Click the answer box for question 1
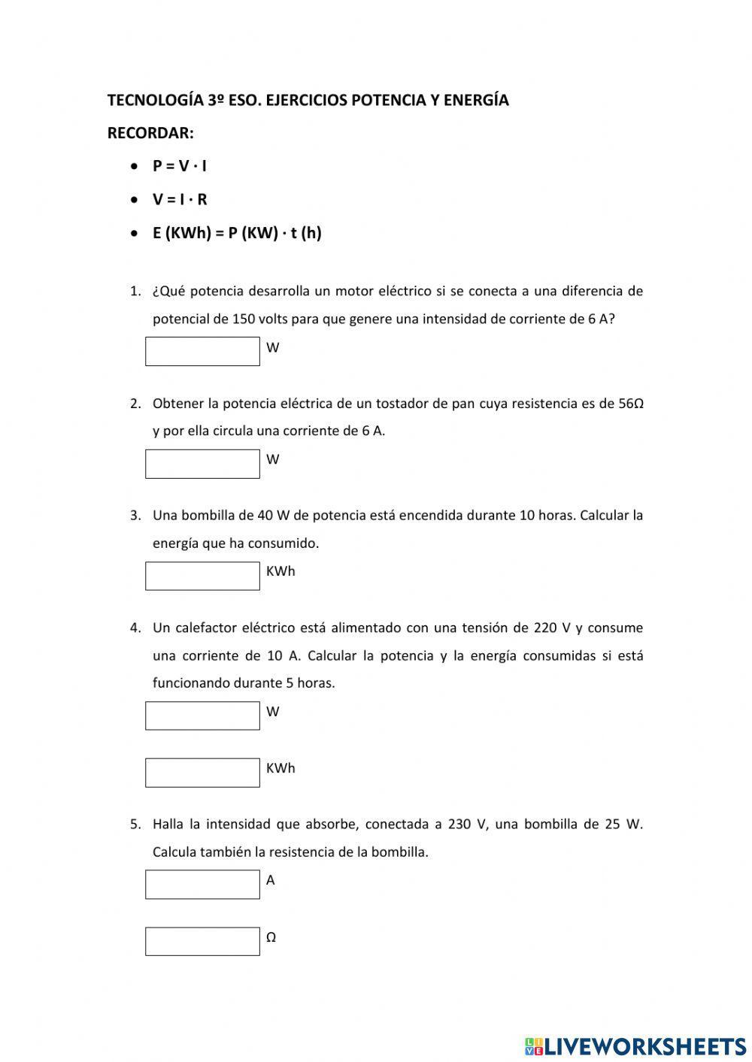[x=202, y=352]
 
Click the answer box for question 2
[x=202, y=464]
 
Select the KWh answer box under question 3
[x=202, y=576]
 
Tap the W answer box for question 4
[x=202, y=716]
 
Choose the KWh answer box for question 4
[x=202, y=773]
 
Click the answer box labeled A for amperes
[x=202, y=885]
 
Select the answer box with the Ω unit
[x=202, y=942]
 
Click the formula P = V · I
[x=179, y=166]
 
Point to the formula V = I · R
[x=180, y=200]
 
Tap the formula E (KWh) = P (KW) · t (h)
[x=237, y=233]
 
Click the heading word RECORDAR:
[x=150, y=133]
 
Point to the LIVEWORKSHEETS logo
[x=635, y=1046]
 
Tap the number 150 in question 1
[x=243, y=319]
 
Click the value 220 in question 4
[x=545, y=628]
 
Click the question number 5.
[x=135, y=824]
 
